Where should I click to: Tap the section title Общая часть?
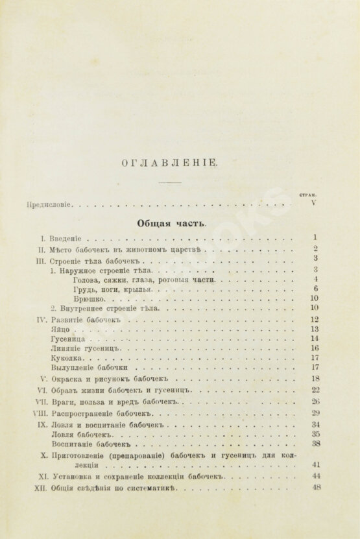pos(171,222)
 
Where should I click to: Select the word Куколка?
pos(66,357)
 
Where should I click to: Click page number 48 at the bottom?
pos(317,488)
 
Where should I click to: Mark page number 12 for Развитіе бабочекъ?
pos(315,319)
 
